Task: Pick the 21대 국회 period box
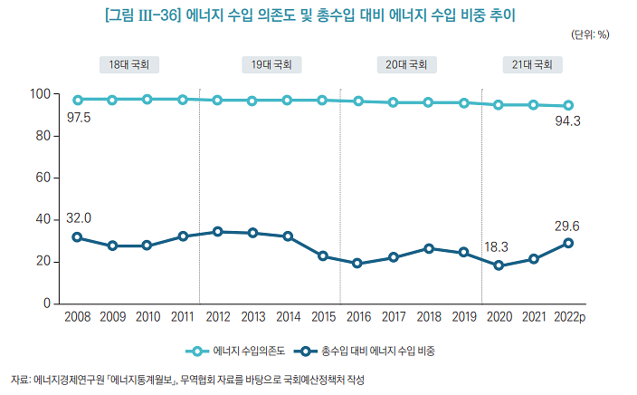click(x=533, y=65)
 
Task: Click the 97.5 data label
click(x=80, y=117)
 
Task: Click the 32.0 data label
click(x=80, y=218)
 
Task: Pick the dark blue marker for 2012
click(x=217, y=232)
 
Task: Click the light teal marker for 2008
click(x=78, y=100)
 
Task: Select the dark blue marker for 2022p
click(x=569, y=243)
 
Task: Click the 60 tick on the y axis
click(x=42, y=178)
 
